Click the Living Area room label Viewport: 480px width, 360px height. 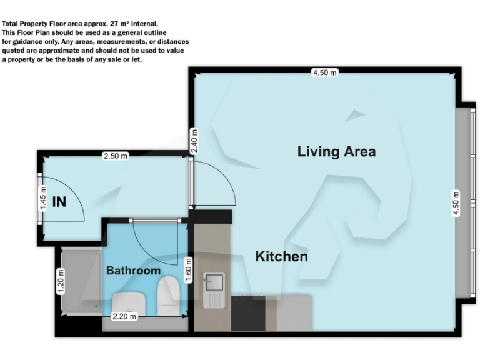point(336,151)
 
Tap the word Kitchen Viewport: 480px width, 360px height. point(281,256)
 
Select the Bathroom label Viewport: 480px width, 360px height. point(133,271)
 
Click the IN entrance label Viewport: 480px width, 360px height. point(59,202)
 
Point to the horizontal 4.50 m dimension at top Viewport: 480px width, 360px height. point(324,72)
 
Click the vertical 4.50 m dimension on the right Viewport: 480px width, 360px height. point(456,203)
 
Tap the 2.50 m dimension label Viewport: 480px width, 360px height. point(116,156)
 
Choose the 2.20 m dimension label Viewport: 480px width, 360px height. point(124,317)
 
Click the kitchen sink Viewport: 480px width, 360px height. point(212,283)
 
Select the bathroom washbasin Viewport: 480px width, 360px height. point(129,301)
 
